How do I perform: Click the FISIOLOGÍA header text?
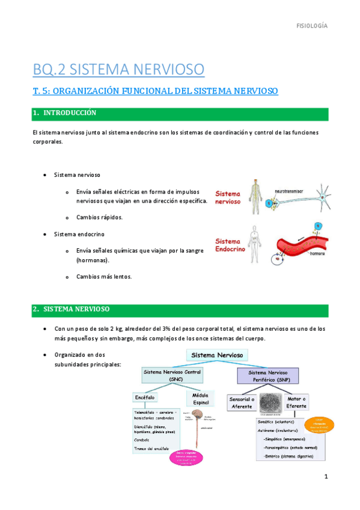(x=313, y=26)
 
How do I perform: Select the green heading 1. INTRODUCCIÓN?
(x=65, y=113)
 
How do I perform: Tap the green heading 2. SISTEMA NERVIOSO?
(x=71, y=309)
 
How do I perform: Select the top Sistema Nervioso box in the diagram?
(x=217, y=356)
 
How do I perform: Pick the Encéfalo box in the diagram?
(x=147, y=398)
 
